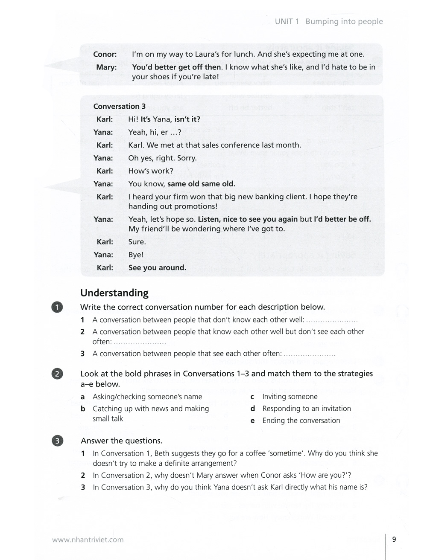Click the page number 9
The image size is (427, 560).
[x=394, y=539]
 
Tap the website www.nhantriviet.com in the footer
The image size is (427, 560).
[x=88, y=540]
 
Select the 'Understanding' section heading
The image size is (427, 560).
[x=114, y=293]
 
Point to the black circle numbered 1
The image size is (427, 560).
[x=57, y=307]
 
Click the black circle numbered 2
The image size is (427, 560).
[x=57, y=374]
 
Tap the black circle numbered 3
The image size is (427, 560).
[x=57, y=441]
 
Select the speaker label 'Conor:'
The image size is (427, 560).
[x=105, y=54]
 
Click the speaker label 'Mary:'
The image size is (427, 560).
[x=106, y=67]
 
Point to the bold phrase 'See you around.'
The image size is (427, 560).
[x=157, y=268]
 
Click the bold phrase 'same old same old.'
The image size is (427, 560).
[x=201, y=184]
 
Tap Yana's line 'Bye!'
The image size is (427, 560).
[x=136, y=255]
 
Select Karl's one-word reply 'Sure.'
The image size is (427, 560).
[x=137, y=242]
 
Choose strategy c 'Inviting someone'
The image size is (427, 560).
[x=290, y=397]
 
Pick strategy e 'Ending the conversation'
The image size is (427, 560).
[x=301, y=421]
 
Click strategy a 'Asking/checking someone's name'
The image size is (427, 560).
[x=147, y=397]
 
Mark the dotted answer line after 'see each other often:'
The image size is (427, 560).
[x=309, y=354]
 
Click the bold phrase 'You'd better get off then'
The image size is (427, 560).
[x=177, y=67]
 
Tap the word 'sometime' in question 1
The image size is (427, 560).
[x=286, y=453]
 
